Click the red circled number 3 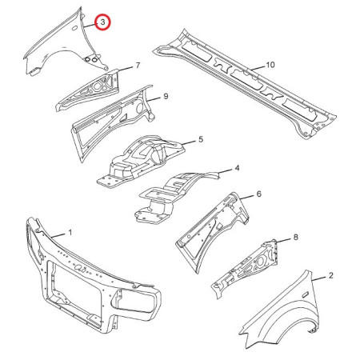point(103,22)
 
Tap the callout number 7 point(138,66)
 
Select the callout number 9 point(166,96)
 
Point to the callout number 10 point(270,65)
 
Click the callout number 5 point(201,139)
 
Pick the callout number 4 point(237,168)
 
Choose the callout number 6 point(259,194)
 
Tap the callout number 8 point(296,237)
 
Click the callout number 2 point(331,275)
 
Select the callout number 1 point(70,233)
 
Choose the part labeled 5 point(142,160)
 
